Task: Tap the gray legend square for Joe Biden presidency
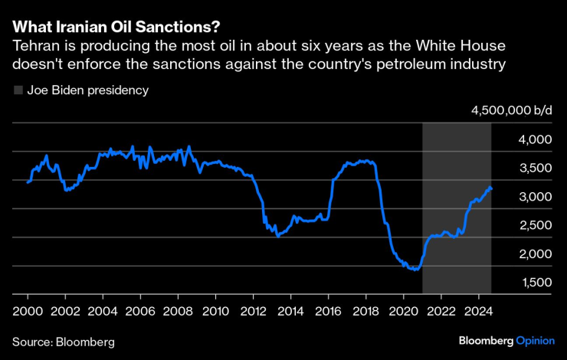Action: click(x=18, y=90)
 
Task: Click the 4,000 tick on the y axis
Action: click(x=536, y=140)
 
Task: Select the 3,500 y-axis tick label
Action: click(x=536, y=169)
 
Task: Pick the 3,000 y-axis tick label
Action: click(x=536, y=197)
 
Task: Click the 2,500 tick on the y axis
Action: click(x=536, y=225)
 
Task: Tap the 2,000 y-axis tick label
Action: click(x=536, y=254)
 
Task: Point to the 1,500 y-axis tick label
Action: click(x=536, y=282)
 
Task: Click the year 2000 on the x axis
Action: click(x=27, y=312)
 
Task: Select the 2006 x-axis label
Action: click(x=139, y=312)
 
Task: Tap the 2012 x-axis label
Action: click(x=253, y=312)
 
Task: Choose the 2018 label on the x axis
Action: click(x=365, y=312)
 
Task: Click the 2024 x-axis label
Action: click(x=479, y=312)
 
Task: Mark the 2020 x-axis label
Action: click(x=403, y=312)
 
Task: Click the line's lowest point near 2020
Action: click(x=415, y=270)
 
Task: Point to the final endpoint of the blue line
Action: click(x=491, y=188)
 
